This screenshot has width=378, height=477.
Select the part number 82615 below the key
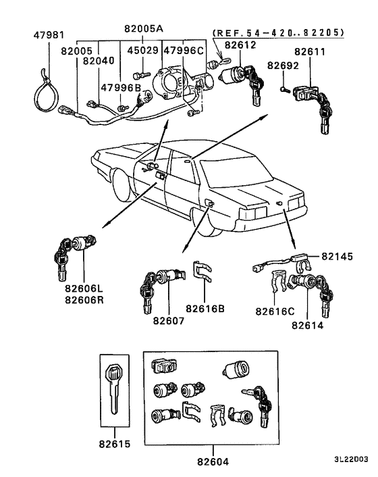click(113, 445)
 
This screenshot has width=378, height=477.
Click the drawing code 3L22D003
click(351, 459)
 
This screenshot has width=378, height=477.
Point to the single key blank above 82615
click(113, 388)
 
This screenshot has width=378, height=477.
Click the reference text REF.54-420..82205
click(279, 32)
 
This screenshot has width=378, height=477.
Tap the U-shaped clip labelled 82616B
click(202, 272)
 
